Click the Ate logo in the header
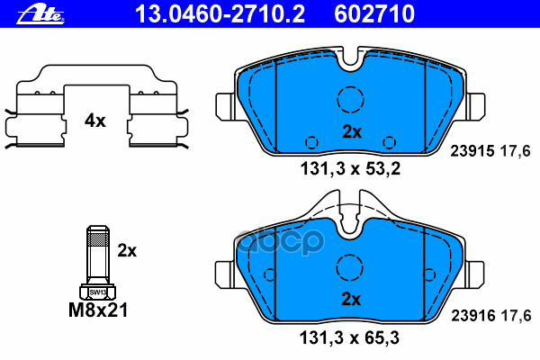[40, 15]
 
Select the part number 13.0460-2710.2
[220, 14]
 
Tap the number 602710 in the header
[374, 14]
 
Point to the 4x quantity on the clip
[95, 121]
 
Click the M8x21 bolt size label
[98, 310]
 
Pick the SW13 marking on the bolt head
[98, 292]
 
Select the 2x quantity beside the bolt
[127, 250]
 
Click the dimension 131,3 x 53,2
[351, 169]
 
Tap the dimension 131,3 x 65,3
[349, 337]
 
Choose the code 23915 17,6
[490, 151]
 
